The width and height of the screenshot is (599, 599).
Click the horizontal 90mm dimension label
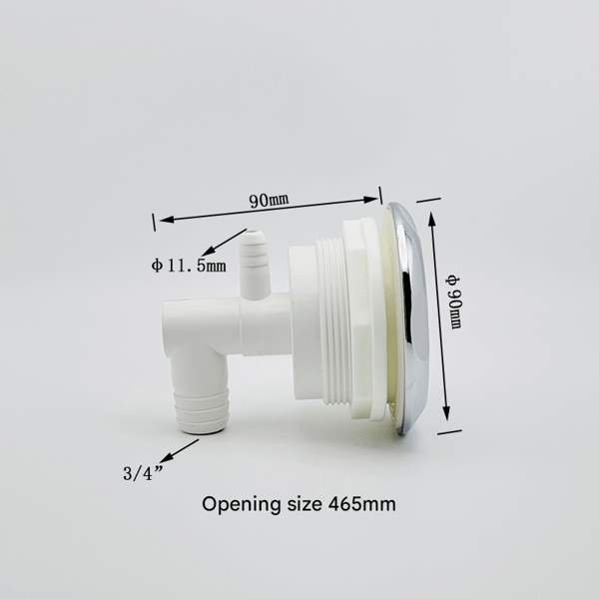point(269,200)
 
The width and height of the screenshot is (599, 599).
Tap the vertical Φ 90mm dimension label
point(454,301)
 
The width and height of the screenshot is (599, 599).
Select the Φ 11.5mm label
point(189,266)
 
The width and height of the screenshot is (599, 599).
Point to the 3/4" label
point(143,473)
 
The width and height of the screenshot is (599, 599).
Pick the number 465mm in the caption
point(361,504)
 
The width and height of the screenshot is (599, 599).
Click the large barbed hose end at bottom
point(201,411)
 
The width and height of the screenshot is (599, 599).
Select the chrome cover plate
point(409,319)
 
